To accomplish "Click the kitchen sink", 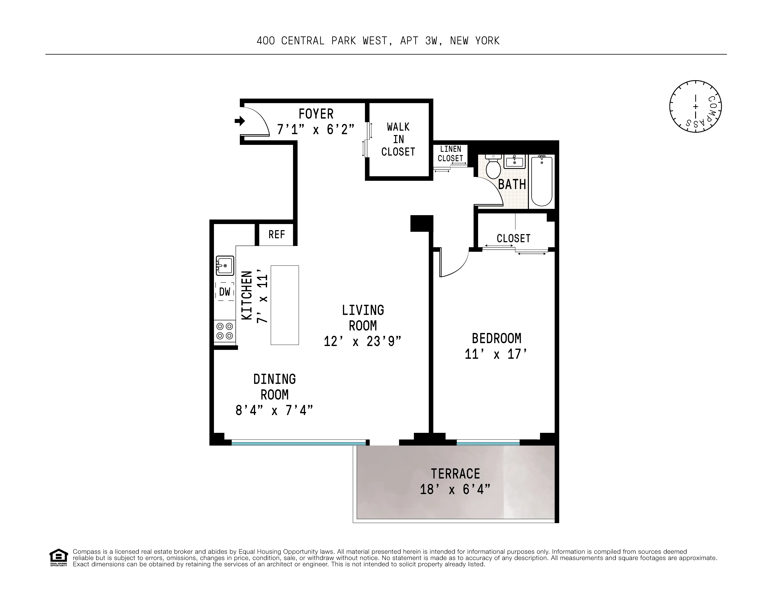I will (x=225, y=265).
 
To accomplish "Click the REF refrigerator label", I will (x=277, y=234).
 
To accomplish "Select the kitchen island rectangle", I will (x=285, y=305).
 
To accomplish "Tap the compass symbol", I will (x=695, y=106).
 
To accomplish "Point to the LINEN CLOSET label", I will (x=450, y=154).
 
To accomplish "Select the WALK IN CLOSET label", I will (x=398, y=139).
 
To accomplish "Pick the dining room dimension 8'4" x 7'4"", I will (x=274, y=410).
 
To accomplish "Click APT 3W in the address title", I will (x=421, y=41).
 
